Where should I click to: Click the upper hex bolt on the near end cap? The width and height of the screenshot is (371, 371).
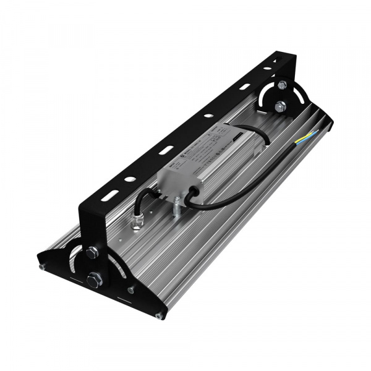tap(93, 252)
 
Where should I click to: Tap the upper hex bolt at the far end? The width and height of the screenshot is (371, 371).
tap(282, 84)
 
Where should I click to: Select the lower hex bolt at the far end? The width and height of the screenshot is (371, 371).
tap(281, 106)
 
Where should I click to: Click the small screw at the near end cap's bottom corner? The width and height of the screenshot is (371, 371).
tap(159, 317)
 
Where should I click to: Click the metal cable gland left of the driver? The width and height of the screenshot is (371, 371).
tap(137, 221)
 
